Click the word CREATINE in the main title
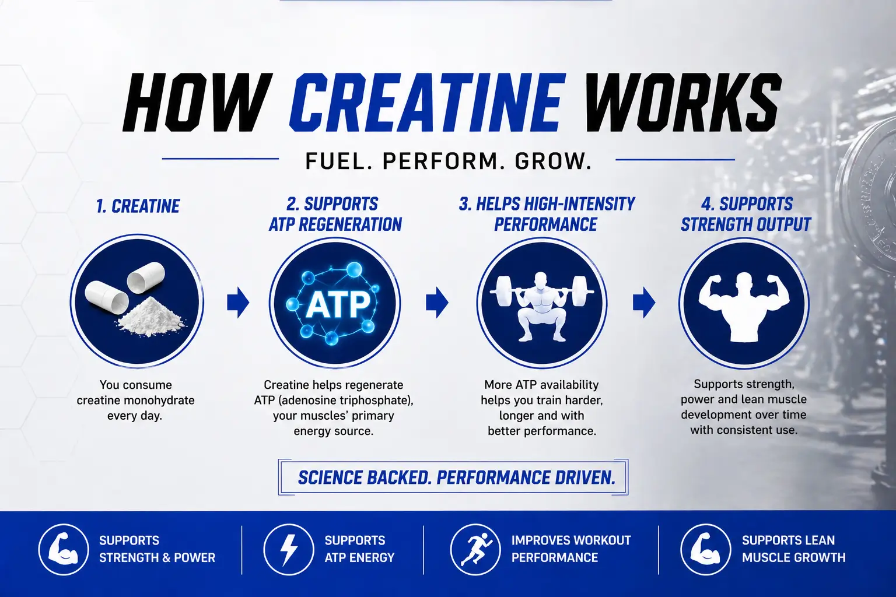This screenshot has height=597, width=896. point(426,103)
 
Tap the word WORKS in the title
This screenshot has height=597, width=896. point(682,103)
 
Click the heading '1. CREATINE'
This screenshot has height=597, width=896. point(138,206)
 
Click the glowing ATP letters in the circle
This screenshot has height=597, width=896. point(338,304)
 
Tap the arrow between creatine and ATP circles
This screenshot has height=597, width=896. point(238,302)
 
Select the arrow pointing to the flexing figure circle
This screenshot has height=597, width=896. point(644,302)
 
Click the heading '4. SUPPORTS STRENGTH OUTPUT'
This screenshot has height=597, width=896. point(746,214)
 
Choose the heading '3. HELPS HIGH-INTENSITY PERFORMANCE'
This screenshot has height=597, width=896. point(547,214)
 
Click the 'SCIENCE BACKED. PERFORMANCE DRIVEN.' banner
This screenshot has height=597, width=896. point(456,477)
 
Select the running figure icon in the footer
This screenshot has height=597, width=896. point(475,549)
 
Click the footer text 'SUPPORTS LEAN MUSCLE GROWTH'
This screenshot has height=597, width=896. point(793,549)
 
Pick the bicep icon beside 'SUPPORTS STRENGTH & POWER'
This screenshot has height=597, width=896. point(63,549)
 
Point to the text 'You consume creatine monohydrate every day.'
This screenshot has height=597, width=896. point(135,400)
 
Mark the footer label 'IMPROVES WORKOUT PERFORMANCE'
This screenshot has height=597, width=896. point(570,549)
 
